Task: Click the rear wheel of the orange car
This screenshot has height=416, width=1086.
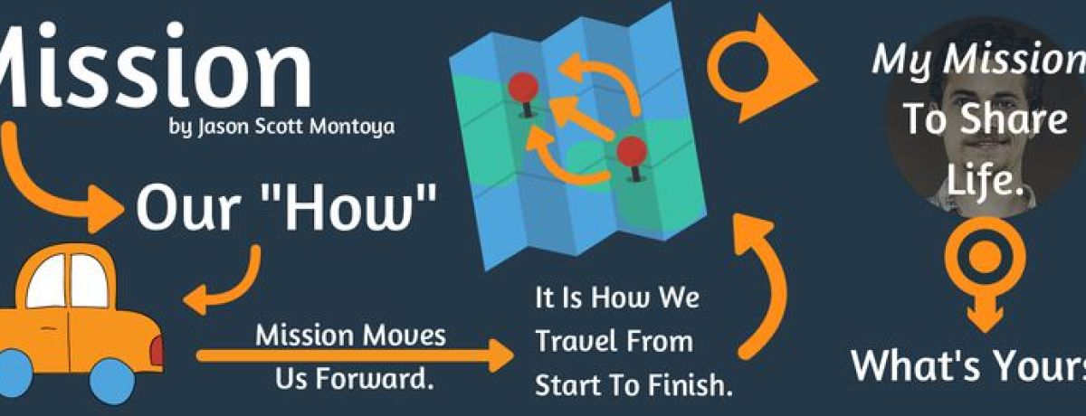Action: click(111, 380)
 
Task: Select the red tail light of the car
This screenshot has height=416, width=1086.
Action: click(157, 350)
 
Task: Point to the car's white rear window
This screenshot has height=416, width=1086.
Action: click(90, 281)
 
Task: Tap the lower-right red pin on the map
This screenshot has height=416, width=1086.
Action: click(633, 152)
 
